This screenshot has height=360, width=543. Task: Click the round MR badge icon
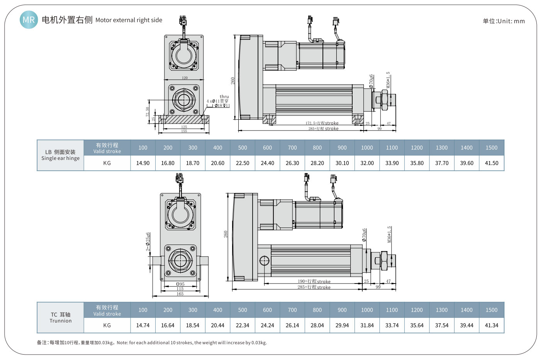(29, 20)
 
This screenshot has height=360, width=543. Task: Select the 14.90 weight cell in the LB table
(143, 163)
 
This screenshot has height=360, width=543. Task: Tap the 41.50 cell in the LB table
(491, 163)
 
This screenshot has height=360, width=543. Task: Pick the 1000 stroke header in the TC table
(367, 310)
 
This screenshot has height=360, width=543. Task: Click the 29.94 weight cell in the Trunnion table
(342, 325)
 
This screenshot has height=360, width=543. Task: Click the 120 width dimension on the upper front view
(185, 78)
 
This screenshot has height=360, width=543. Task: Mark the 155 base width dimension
(184, 131)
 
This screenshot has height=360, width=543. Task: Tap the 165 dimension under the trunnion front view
(180, 294)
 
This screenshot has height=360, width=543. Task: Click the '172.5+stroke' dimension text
(322, 123)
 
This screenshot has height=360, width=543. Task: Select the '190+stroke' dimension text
(314, 281)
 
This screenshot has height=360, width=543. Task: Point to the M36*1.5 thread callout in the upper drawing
(388, 80)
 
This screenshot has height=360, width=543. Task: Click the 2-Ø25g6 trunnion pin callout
(148, 242)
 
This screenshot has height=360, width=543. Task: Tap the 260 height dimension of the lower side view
(226, 234)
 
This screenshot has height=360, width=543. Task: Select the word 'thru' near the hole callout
(224, 97)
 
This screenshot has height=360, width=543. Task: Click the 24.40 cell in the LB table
(267, 163)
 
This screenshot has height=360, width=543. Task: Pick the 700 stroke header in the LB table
(292, 148)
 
